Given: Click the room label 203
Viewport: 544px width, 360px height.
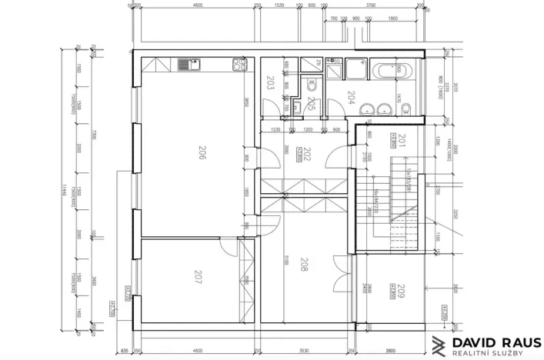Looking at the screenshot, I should tap(270, 83).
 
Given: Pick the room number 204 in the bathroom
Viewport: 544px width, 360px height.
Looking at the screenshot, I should tap(351, 98).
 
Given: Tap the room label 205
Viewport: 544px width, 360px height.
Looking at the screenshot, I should tap(310, 105).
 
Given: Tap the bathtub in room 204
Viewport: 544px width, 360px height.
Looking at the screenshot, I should tap(395, 70).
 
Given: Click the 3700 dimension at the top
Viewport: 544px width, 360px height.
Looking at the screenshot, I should tap(370, 5).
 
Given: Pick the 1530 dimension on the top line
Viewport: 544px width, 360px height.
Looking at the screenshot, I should tap(279, 5).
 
